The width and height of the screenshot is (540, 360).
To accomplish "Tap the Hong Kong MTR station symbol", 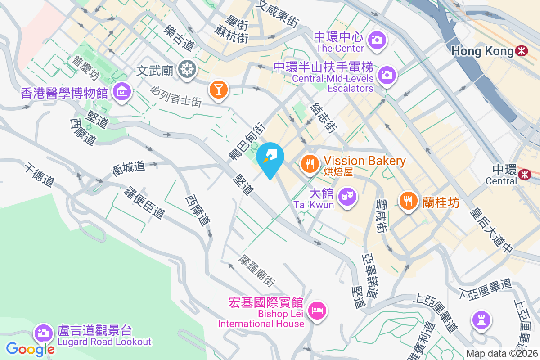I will coord(522,51).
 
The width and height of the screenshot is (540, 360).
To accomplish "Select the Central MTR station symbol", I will coord(524,174).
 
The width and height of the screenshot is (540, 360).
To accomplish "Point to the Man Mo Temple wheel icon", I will coord(187,69).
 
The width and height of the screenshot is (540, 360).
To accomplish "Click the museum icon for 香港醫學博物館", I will coord(121,92).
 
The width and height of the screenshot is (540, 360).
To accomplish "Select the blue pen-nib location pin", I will coord(270,157).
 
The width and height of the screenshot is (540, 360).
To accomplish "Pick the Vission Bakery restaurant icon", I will coord(309,163).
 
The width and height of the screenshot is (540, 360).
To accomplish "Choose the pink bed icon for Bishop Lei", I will coord(318,310).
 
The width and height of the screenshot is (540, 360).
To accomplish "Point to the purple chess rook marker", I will coord(481,320).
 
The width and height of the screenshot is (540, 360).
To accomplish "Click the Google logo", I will coord(31,349).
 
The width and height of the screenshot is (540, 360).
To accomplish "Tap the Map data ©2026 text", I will coord(501,354).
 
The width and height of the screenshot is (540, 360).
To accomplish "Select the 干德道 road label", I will coord(40,175).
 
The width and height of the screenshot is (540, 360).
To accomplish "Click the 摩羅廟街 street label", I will coord(257,270).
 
